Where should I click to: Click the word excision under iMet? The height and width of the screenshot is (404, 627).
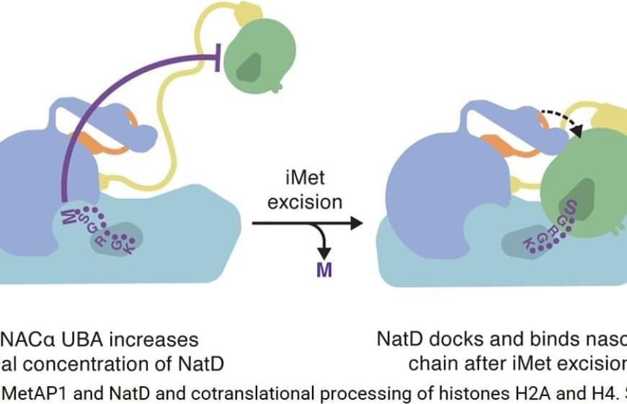(x=305, y=202)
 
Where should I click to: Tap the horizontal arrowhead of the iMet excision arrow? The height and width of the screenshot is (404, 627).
(x=355, y=225)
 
